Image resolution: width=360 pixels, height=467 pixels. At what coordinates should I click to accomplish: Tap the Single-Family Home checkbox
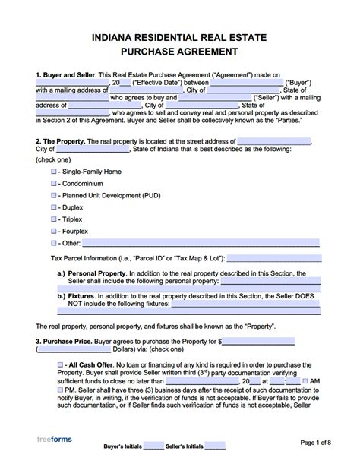[53, 172]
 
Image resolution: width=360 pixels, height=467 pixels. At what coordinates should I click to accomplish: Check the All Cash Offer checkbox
[59, 365]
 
